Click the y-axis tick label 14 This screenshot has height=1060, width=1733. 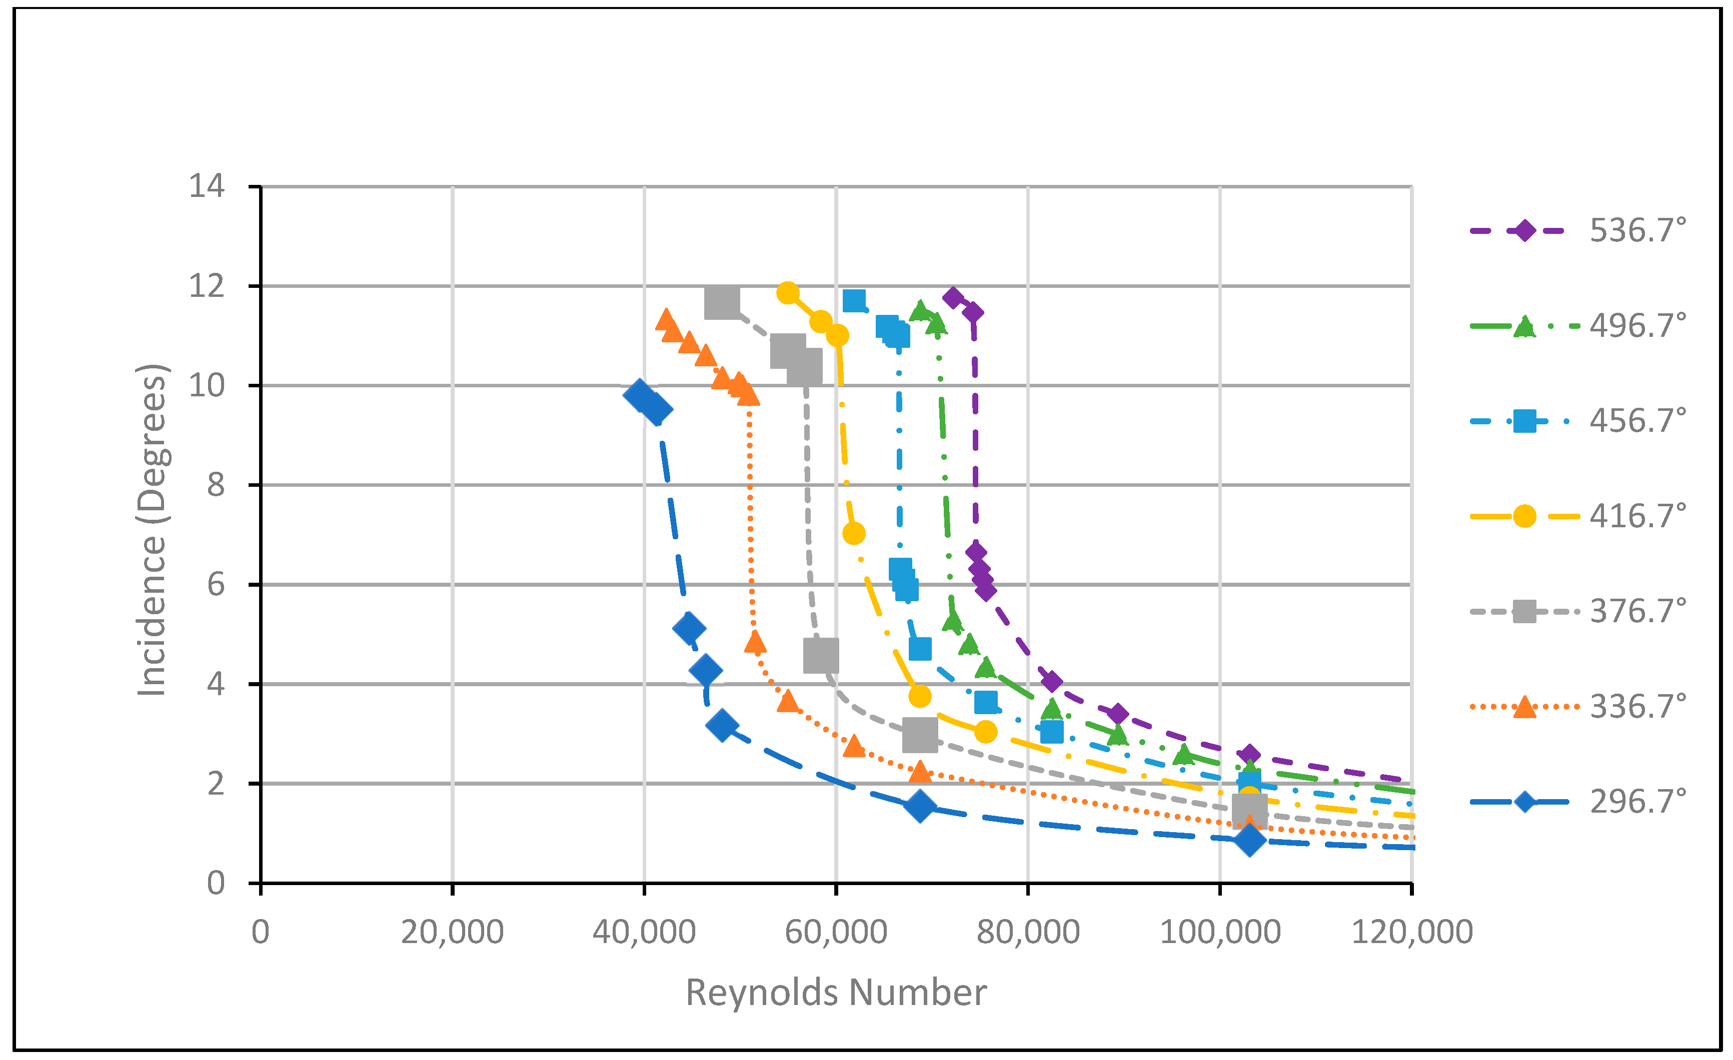(x=207, y=186)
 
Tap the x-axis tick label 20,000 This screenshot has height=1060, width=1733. (x=452, y=932)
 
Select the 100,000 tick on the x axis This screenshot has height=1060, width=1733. (x=1219, y=932)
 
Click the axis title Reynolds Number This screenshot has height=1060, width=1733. (x=836, y=993)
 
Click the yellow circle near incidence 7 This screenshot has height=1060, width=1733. (x=853, y=534)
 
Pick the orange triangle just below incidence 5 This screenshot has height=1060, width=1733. (x=755, y=642)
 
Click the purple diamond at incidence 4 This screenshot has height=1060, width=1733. (x=1051, y=681)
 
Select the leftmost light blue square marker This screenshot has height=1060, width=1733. (x=854, y=301)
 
